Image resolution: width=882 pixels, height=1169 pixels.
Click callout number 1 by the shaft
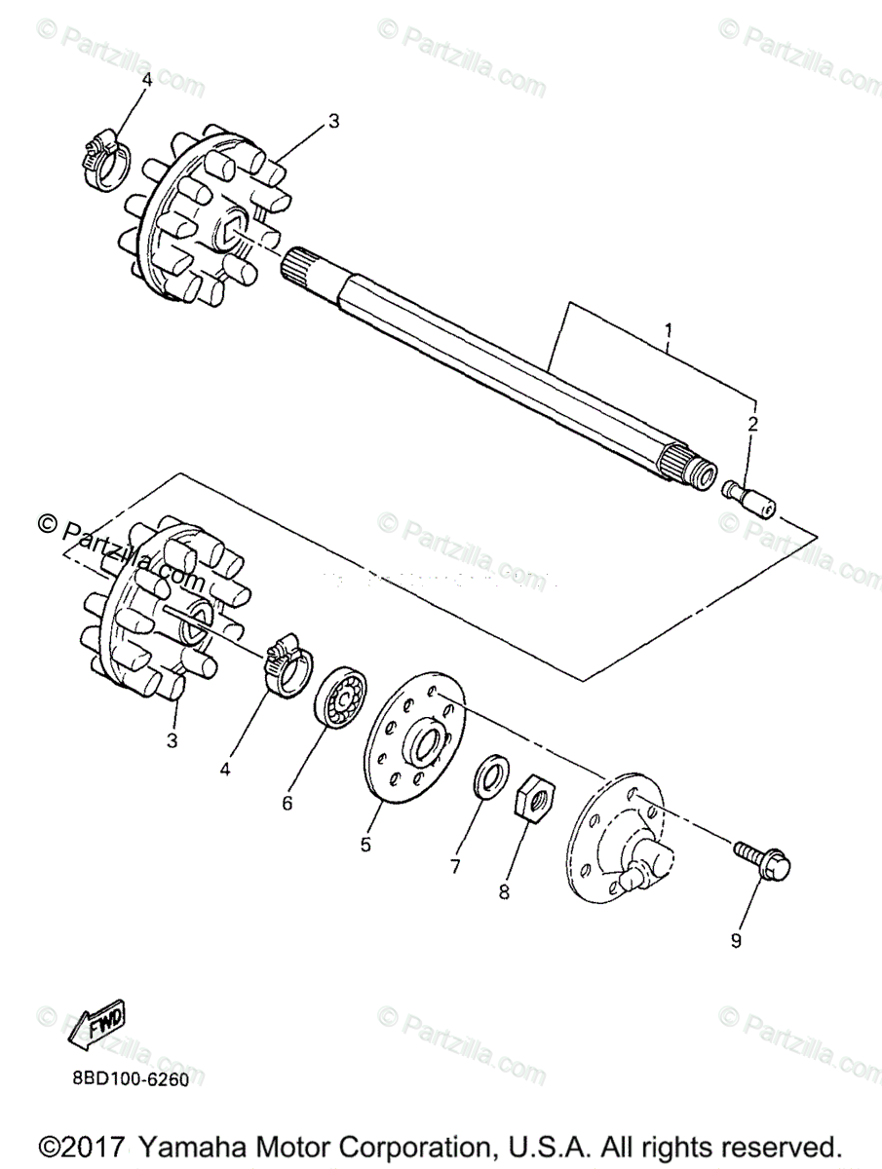pos(668,330)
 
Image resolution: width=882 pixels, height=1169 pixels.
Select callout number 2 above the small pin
pos(751,424)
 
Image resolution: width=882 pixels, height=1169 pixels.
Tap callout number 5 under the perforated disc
pos(365,844)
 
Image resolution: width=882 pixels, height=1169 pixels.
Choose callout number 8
pos(504,890)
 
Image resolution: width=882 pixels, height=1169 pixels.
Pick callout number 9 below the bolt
pos(736,940)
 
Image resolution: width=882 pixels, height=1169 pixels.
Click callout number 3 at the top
pos(333,121)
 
